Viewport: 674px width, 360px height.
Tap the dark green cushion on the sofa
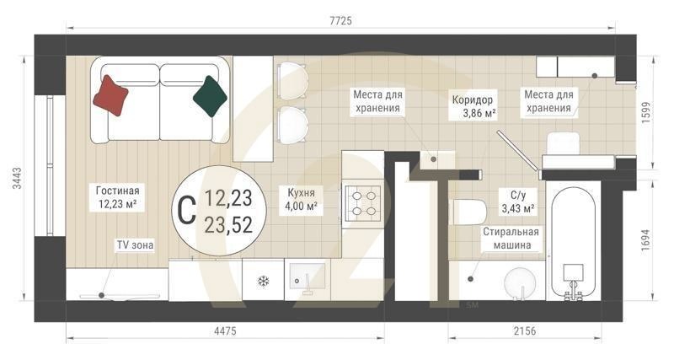[x=211, y=94]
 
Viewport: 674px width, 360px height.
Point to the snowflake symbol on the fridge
[x=263, y=281]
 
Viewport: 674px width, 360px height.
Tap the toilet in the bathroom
[x=466, y=212]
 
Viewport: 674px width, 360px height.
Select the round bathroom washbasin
[x=521, y=282]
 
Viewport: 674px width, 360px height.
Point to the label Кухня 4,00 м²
[x=301, y=199]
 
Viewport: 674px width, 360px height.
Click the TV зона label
[x=135, y=244]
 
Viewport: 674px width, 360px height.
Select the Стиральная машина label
[x=511, y=238]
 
